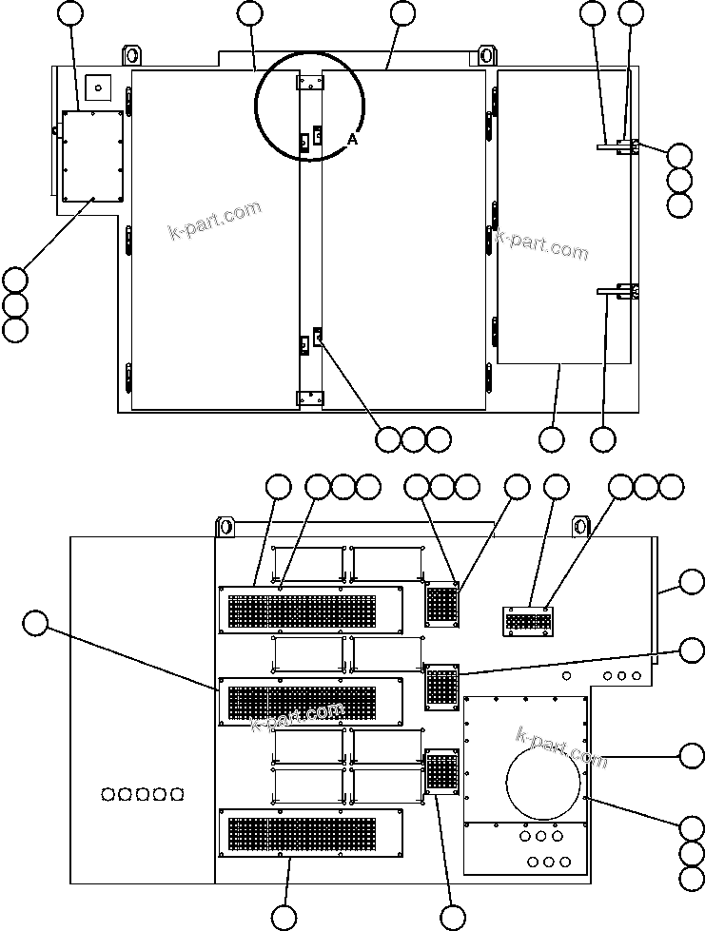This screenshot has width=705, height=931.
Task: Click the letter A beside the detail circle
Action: click(x=352, y=140)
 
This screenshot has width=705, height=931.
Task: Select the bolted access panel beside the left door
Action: click(x=93, y=156)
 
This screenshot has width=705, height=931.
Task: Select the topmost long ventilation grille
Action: click(x=311, y=610)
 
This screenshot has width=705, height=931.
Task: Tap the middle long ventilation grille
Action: click(x=311, y=702)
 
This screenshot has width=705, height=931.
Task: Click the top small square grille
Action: click(x=441, y=604)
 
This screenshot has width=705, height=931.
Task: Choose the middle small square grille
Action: click(x=441, y=687)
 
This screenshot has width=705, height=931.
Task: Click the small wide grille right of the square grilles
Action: click(x=526, y=621)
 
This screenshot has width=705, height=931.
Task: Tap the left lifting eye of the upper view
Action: click(x=131, y=53)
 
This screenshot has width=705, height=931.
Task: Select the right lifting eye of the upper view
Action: click(x=486, y=53)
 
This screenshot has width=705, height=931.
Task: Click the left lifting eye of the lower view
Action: click(x=226, y=526)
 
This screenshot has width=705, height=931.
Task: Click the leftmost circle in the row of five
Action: click(x=108, y=793)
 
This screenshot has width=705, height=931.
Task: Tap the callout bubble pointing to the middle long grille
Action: click(x=35, y=623)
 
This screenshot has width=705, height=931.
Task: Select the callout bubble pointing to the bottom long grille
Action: click(x=284, y=918)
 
